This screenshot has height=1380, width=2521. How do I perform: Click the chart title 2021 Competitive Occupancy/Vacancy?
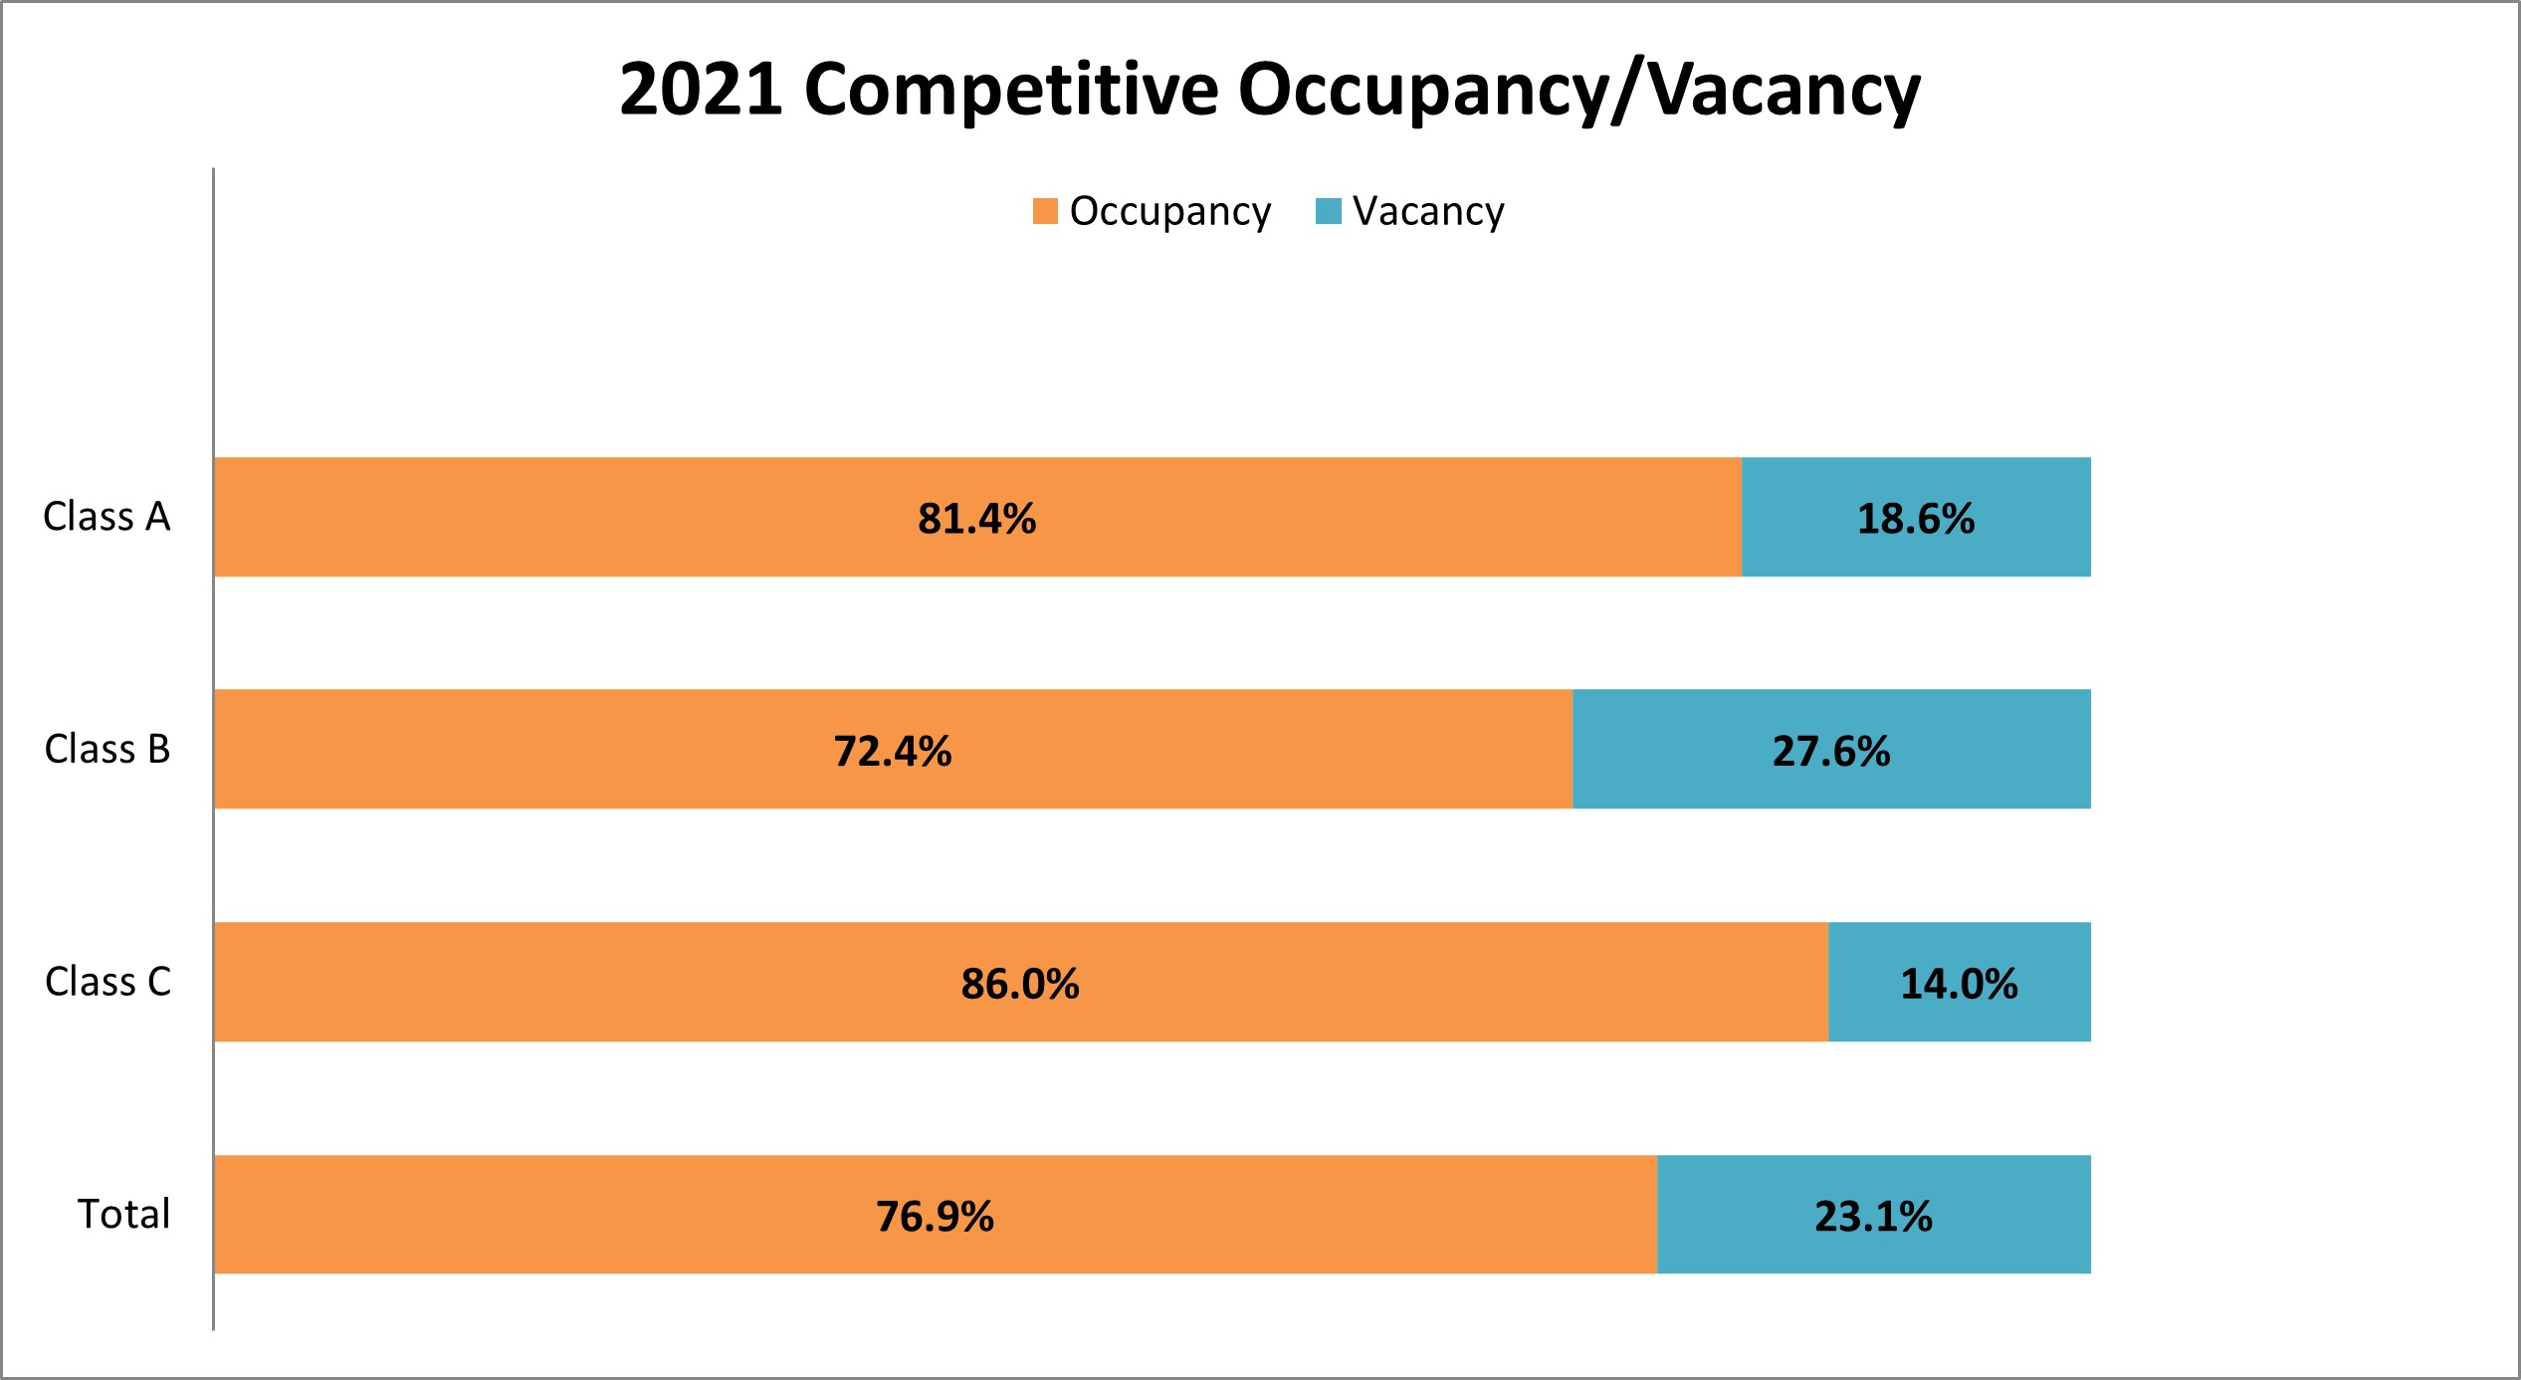(x=1269, y=90)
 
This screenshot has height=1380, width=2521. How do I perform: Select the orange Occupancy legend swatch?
(x=1045, y=211)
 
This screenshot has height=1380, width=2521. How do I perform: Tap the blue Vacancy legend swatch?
(x=1328, y=211)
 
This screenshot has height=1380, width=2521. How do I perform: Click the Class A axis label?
(x=106, y=517)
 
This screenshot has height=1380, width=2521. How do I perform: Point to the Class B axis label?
(x=107, y=749)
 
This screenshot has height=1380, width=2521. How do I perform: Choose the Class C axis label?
(x=107, y=982)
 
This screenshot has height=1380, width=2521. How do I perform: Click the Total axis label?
(x=124, y=1214)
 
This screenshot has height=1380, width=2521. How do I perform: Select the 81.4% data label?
(x=976, y=519)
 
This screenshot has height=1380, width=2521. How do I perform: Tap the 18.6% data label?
(x=1915, y=519)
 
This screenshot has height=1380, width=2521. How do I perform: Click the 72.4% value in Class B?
(x=892, y=751)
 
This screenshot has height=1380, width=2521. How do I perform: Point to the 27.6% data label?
(x=1830, y=751)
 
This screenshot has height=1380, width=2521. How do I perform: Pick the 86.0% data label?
(x=1019, y=984)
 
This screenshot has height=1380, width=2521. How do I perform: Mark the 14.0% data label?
(x=1958, y=984)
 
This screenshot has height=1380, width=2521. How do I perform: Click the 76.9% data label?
(x=935, y=1217)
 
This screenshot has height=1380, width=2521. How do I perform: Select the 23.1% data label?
(x=1873, y=1217)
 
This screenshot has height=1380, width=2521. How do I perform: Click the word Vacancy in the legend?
(x=1428, y=211)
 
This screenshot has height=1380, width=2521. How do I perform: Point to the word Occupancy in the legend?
(x=1169, y=211)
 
